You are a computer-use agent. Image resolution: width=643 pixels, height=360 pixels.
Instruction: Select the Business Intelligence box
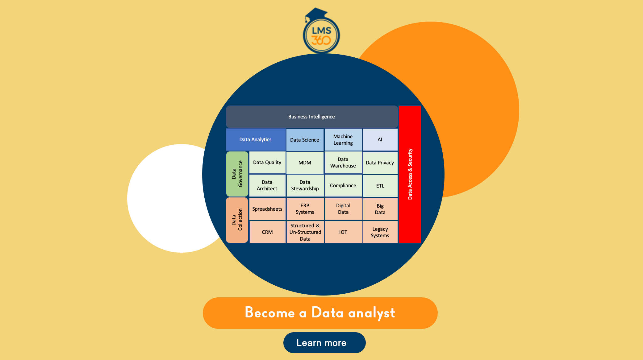(x=312, y=117)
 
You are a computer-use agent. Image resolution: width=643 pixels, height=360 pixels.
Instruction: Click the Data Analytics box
(x=256, y=139)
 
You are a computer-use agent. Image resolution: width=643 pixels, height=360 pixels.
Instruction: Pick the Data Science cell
(x=305, y=140)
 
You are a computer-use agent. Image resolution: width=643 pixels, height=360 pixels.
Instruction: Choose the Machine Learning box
(x=343, y=140)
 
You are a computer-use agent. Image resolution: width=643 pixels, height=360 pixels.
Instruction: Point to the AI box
(x=380, y=140)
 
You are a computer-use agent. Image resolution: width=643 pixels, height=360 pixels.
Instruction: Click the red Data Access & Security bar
(x=410, y=174)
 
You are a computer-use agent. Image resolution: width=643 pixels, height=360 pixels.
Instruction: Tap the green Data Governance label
(x=237, y=174)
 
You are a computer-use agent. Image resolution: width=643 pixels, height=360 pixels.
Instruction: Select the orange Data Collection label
(x=237, y=220)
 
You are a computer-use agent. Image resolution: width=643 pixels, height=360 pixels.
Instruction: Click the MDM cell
(x=305, y=163)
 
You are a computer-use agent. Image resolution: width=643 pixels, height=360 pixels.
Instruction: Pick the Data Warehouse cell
(x=343, y=163)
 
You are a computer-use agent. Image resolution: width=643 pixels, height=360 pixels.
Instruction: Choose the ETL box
(x=380, y=186)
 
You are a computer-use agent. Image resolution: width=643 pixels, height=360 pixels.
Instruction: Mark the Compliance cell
(x=343, y=185)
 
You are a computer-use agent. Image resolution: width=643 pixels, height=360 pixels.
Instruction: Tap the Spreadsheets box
(x=267, y=209)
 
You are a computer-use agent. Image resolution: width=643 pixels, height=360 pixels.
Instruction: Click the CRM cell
(x=267, y=232)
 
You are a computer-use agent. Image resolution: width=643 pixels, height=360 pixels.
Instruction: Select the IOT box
(x=343, y=232)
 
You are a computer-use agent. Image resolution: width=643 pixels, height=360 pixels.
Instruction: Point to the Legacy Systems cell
(x=380, y=232)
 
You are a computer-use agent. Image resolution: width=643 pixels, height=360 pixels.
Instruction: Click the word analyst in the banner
(x=372, y=313)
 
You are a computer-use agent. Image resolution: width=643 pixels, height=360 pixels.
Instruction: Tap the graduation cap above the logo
(x=316, y=14)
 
